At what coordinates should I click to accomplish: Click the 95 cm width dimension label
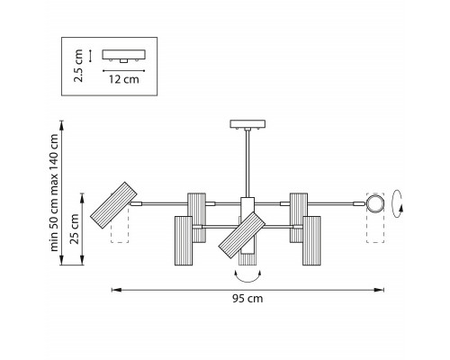[247, 299]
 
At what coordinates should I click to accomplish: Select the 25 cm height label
[74, 229]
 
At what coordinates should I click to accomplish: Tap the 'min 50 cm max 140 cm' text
[54, 193]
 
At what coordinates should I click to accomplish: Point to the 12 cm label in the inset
[124, 79]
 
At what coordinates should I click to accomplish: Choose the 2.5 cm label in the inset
[78, 66]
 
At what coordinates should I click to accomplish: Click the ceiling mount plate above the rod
[247, 124]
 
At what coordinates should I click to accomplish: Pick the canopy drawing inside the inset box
[124, 56]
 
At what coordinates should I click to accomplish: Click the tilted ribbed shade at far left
[113, 205]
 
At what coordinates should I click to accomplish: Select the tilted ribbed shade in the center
[242, 235]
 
